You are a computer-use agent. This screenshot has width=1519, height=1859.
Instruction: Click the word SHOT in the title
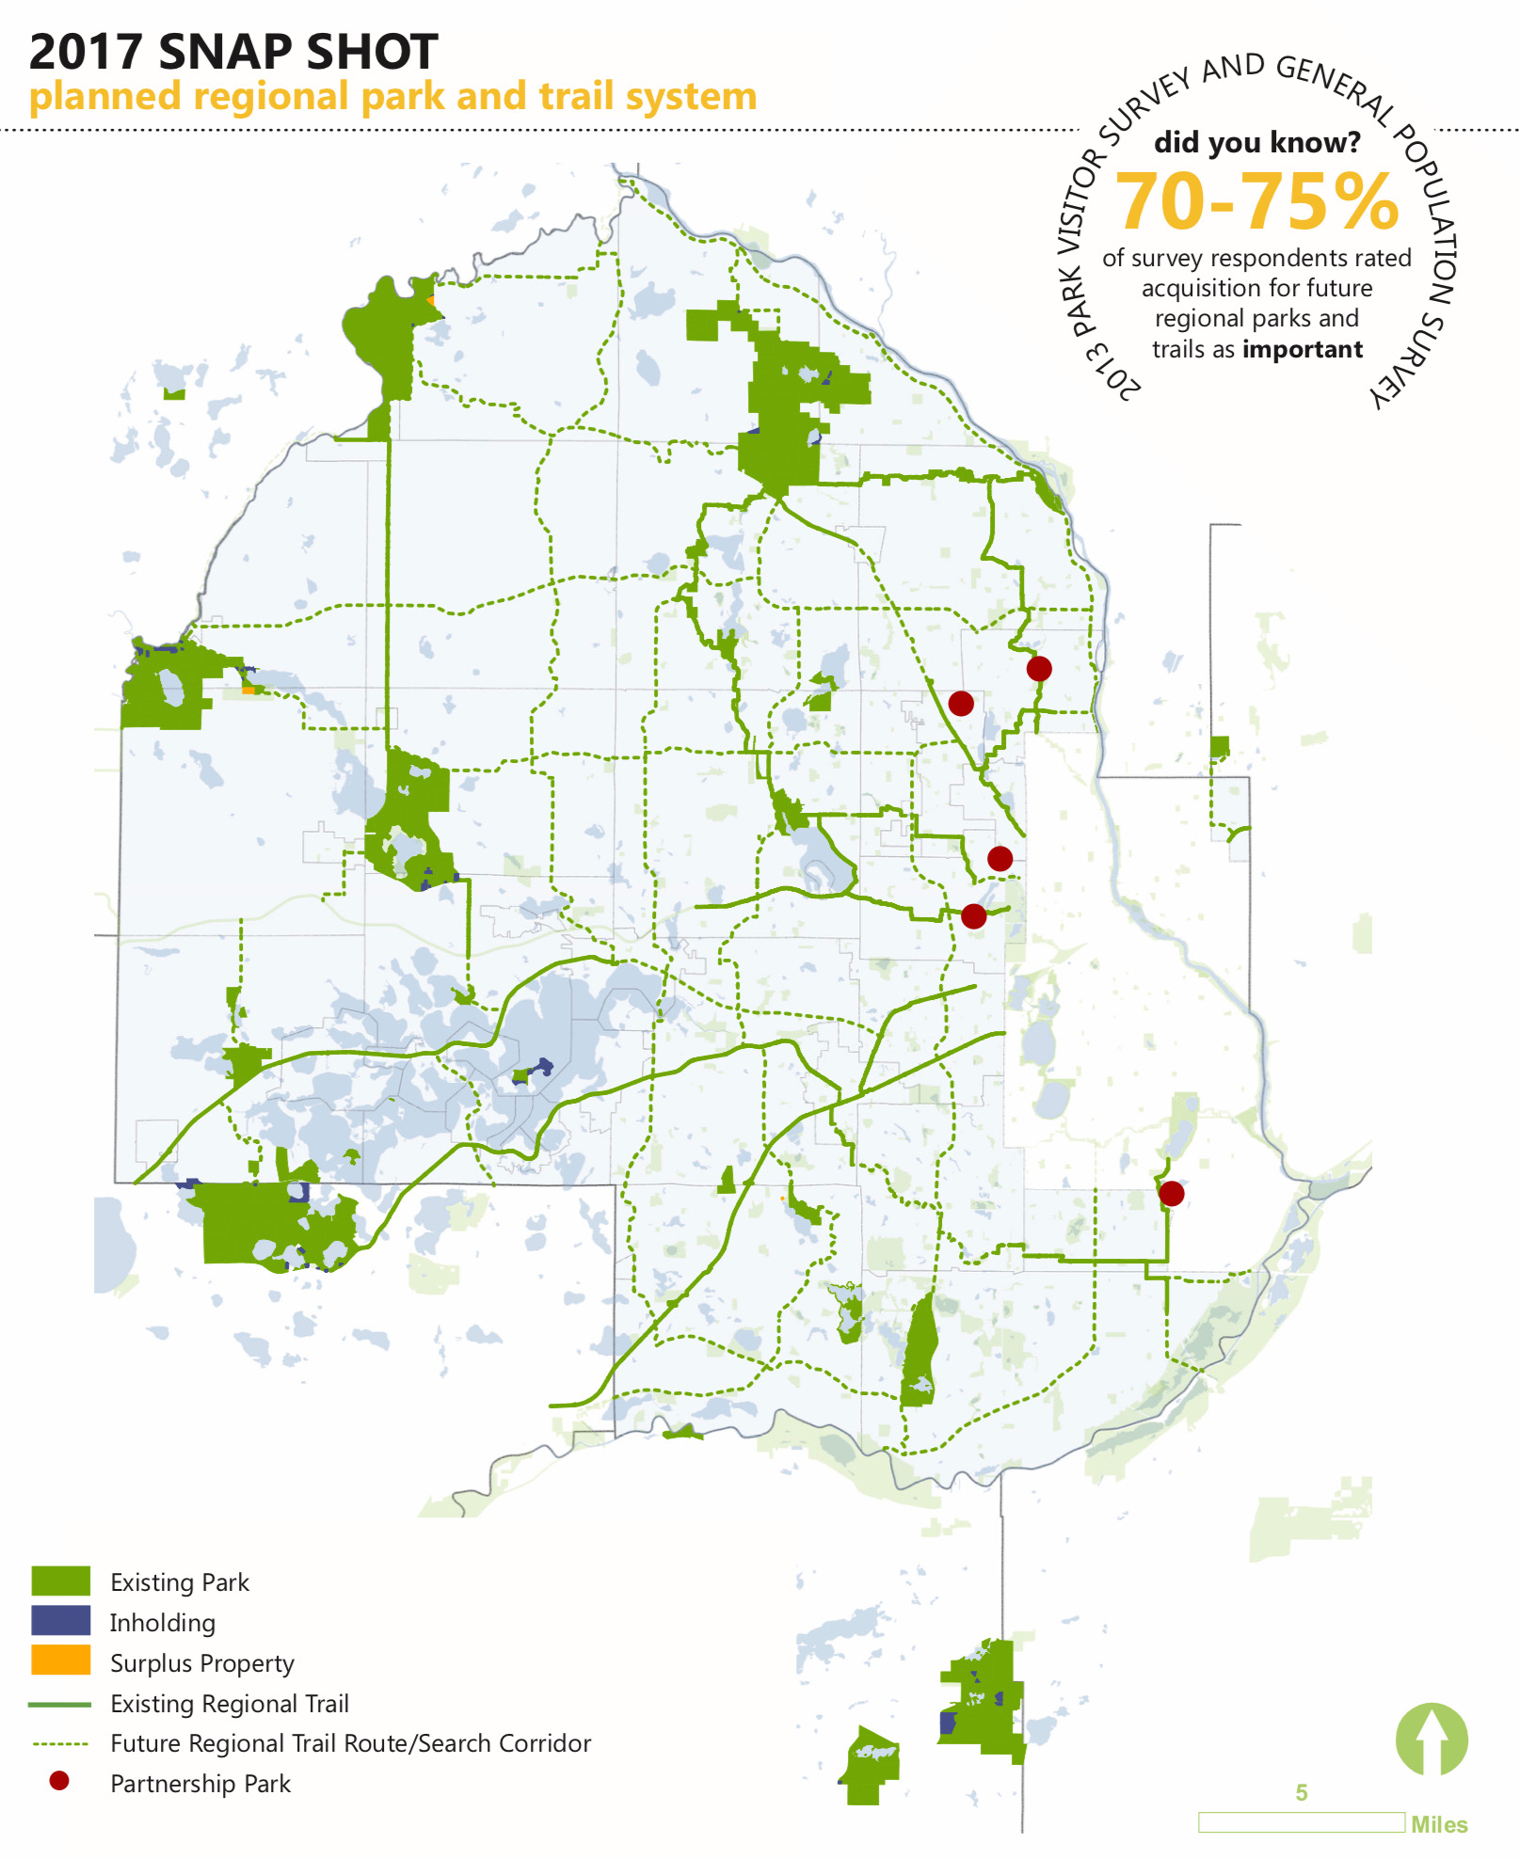coord(371,52)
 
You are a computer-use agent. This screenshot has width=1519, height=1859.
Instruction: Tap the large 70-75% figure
coord(1257,201)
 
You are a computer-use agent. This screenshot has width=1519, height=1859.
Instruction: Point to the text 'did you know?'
coord(1257,143)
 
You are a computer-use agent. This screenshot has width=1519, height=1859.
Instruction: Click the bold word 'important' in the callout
coord(1303,350)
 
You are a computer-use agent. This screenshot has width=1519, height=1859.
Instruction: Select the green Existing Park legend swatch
coord(61,1581)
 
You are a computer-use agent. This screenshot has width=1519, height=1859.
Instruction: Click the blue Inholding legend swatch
coord(61,1620)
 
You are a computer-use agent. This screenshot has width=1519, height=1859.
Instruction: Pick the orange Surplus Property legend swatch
coord(61,1660)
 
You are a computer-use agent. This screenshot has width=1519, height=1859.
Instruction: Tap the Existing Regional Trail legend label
coord(230,1704)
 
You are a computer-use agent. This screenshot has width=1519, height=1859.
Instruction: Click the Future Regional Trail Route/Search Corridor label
coord(350,1743)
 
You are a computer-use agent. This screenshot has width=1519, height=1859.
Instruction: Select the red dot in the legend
coord(59,1781)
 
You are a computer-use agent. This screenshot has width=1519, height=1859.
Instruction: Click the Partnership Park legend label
coord(200,1784)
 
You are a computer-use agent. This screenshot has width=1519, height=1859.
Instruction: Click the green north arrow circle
coord(1431,1740)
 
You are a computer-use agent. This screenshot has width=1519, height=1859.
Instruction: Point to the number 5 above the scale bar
coord(1302,1793)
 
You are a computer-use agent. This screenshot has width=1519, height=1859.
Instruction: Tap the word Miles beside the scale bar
coord(1439,1825)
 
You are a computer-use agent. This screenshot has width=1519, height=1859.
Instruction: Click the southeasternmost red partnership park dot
coord(1172,1194)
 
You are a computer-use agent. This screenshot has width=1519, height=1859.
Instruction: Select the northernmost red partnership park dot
coord(1039,669)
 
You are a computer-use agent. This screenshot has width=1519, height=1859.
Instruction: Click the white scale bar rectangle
coord(1302,1823)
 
